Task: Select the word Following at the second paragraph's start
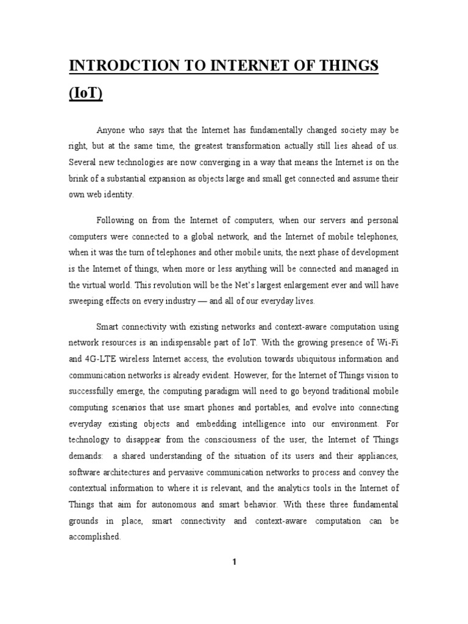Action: tap(116, 219)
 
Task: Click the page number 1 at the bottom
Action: tap(233, 562)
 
